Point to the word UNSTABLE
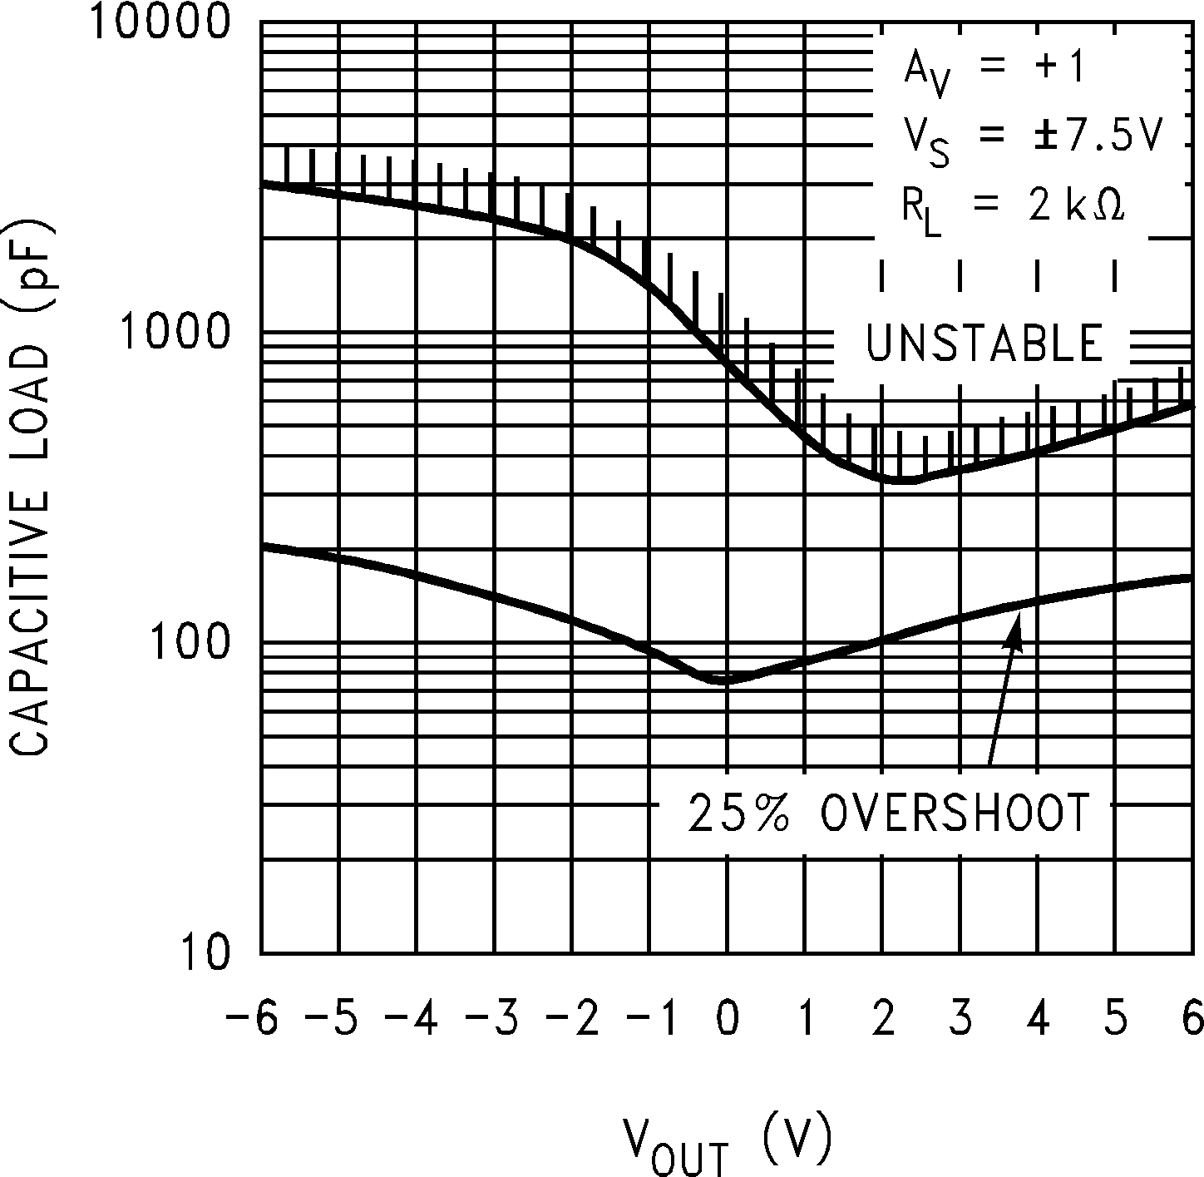coord(984,344)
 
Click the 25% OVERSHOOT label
coord(888,813)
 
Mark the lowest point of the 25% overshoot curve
coord(726,680)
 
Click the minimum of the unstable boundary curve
coord(902,481)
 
